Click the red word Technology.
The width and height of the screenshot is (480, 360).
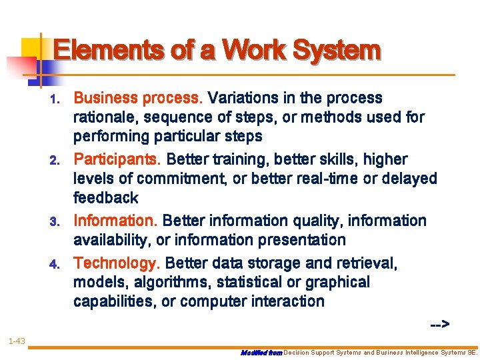(117, 263)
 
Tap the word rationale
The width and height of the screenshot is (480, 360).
(101, 118)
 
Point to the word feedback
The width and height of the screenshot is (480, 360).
(106, 197)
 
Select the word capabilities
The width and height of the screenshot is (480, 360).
(115, 301)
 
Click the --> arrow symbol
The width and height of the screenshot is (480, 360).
(439, 325)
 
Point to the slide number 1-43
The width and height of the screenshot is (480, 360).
(17, 341)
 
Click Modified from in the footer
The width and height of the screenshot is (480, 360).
(261, 352)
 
